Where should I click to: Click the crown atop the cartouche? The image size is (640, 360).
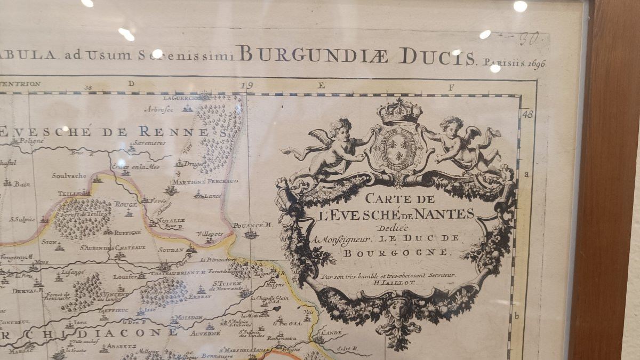(x=399, y=111)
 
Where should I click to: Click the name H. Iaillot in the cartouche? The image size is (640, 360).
(x=389, y=283)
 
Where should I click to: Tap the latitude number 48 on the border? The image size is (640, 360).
(x=528, y=114)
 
